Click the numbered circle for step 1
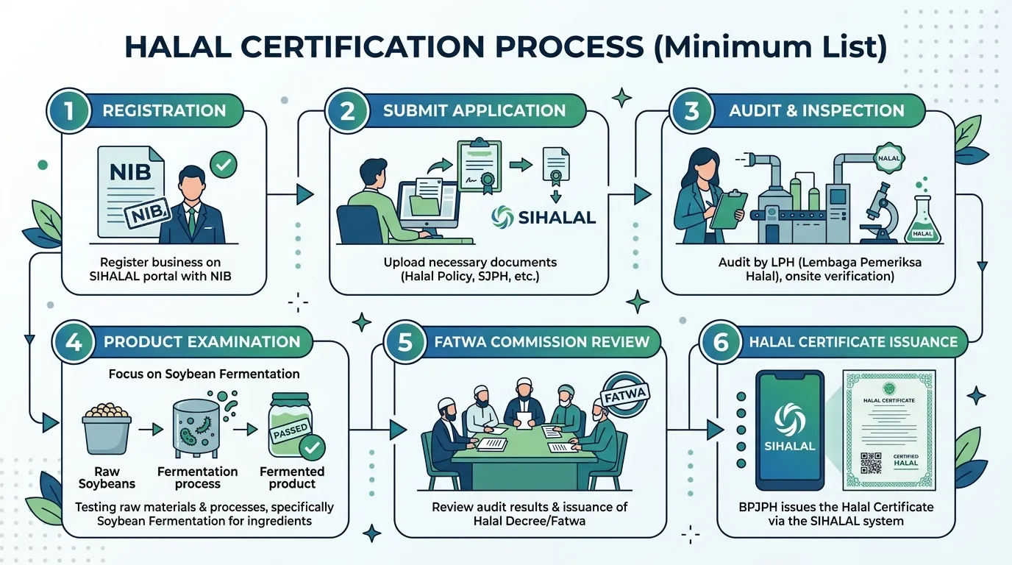68,111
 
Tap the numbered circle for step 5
405,341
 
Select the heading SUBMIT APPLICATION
474,111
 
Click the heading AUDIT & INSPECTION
817,111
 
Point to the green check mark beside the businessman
223,165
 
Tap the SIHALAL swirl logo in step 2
502,218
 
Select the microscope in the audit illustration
881,213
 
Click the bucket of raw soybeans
107,428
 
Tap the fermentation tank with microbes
196,427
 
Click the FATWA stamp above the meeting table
625,395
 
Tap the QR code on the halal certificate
871,463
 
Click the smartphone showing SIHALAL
790,430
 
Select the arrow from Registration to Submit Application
290,195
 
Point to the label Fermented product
292,477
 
